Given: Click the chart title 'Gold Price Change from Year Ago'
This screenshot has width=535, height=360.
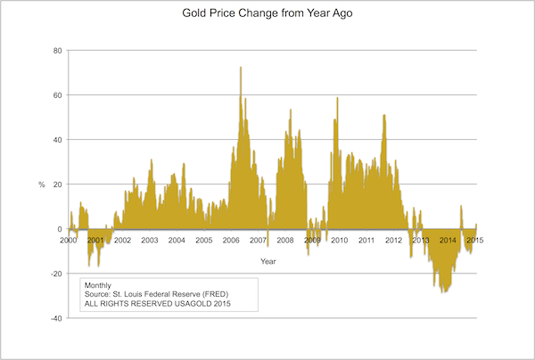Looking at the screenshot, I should (267, 16).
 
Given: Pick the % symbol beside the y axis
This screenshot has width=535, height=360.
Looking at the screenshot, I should (41, 184).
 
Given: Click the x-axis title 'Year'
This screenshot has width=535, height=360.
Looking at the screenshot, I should (267, 261).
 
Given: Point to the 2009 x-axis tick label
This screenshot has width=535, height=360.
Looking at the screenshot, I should (312, 241).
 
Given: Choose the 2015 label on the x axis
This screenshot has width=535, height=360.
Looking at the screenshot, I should (474, 241).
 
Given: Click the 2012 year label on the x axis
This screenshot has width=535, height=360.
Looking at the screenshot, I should (393, 241).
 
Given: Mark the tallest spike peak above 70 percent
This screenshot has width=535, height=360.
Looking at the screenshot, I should (241, 68).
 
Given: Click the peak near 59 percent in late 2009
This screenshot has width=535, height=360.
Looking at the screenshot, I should (337, 98).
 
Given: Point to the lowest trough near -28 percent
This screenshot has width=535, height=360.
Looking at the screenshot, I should (443, 291).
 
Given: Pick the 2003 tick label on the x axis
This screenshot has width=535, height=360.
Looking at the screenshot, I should (150, 241).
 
